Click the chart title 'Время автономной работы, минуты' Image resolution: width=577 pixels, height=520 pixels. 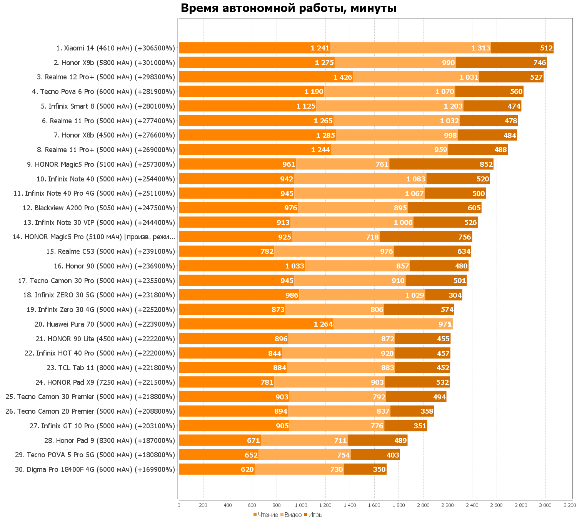coord(288,8)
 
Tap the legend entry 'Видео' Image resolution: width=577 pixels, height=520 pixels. coord(293,515)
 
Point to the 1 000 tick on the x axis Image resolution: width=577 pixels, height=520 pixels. coord(301,505)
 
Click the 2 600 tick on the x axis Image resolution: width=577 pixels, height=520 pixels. coord(496,505)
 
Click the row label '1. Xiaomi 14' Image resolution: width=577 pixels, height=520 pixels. coord(115,48)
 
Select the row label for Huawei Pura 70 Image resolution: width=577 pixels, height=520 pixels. coord(105,324)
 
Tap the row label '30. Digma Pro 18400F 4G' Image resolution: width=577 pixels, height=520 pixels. coord(95,470)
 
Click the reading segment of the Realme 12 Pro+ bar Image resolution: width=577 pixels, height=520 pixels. coord(265,77)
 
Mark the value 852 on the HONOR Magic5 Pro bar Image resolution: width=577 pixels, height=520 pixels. coord(486,164)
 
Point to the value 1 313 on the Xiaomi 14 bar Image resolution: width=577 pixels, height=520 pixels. coord(481,48)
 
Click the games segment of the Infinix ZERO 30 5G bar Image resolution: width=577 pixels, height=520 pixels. coord(443,295)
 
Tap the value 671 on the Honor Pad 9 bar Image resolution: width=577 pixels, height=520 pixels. coord(253,441)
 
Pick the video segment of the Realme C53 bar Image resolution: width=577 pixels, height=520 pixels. coord(334,252)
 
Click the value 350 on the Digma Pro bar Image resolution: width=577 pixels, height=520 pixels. coord(379,470)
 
